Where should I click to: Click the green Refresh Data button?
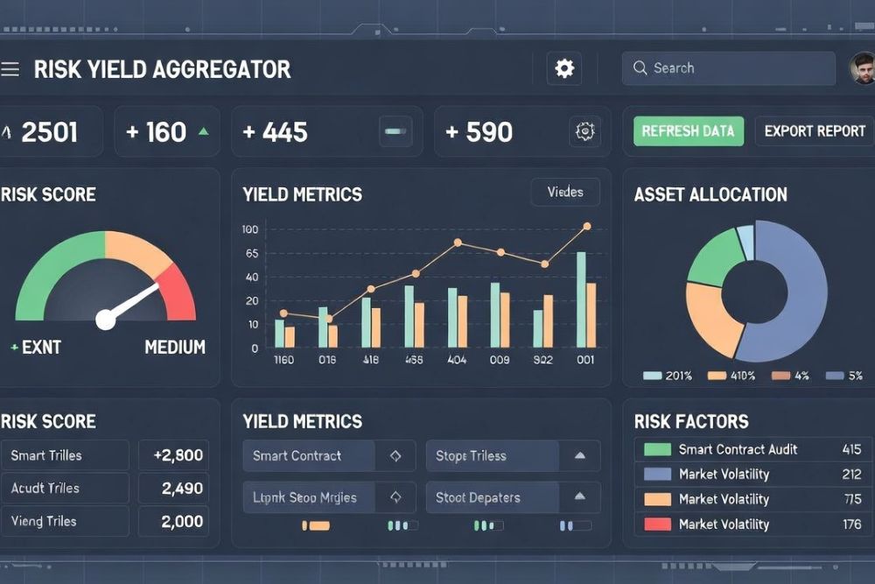click(x=688, y=131)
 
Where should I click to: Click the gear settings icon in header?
click(x=564, y=68)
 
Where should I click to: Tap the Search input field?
click(x=728, y=68)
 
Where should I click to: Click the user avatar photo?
click(x=863, y=68)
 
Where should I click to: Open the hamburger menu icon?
click(x=10, y=69)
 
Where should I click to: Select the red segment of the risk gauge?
click(x=178, y=293)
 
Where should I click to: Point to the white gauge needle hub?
click(x=106, y=320)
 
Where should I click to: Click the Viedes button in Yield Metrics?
click(x=565, y=192)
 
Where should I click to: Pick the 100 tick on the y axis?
click(x=250, y=229)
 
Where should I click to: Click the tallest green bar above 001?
click(x=581, y=299)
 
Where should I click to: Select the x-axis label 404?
click(x=457, y=360)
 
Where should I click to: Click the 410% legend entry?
click(x=731, y=376)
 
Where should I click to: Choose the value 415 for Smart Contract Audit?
click(x=851, y=449)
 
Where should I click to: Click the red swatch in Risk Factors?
click(x=657, y=524)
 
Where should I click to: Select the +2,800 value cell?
click(x=177, y=455)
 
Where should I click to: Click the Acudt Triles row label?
click(x=45, y=489)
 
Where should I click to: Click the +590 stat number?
click(x=479, y=132)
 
